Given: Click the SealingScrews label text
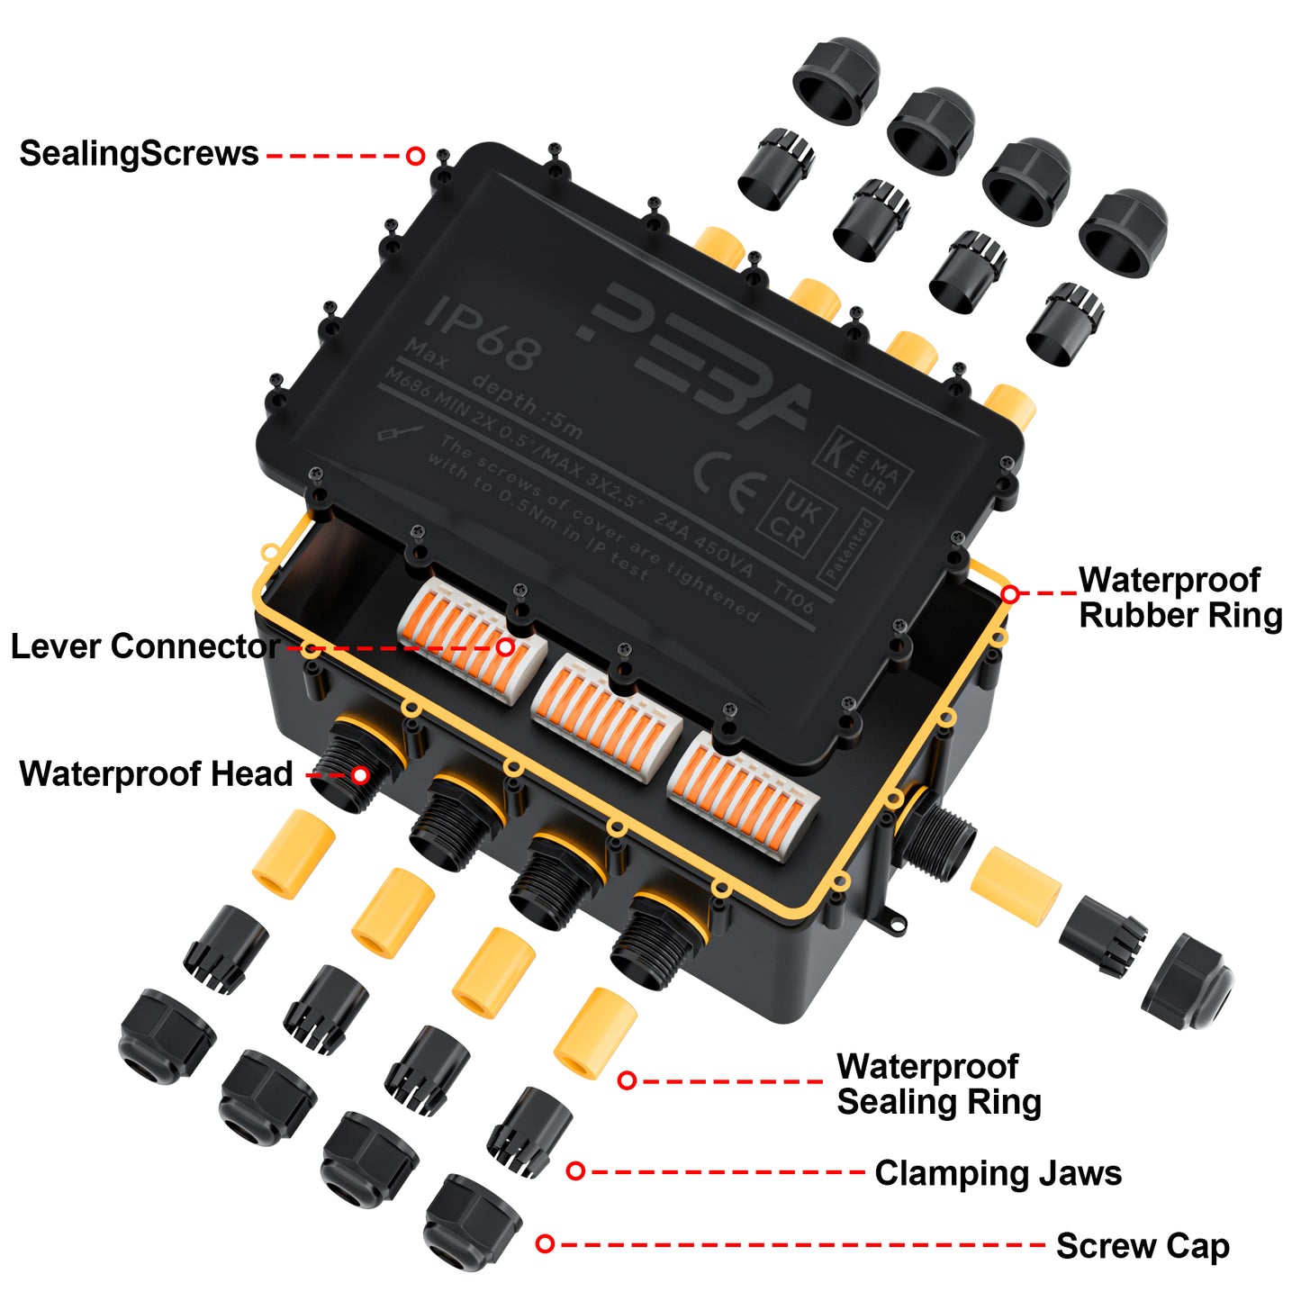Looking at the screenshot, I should [139, 154].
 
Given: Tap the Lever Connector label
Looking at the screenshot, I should [144, 646].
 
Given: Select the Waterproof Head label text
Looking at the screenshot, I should [156, 774].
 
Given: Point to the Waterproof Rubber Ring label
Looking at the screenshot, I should [1179, 598].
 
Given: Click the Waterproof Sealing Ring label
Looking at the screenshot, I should [938, 1084].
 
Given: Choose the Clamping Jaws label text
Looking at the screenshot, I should [998, 1173].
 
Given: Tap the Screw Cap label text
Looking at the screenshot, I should [1142, 1246].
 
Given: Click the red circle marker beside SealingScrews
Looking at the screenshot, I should [415, 156].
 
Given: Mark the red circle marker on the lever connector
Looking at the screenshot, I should [506, 646].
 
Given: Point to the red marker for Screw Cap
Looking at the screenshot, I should [545, 1243].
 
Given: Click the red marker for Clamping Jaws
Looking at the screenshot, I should [576, 1170].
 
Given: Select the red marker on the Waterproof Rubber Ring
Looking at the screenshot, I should [1010, 594].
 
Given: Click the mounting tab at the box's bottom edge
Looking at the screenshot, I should [892, 918].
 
